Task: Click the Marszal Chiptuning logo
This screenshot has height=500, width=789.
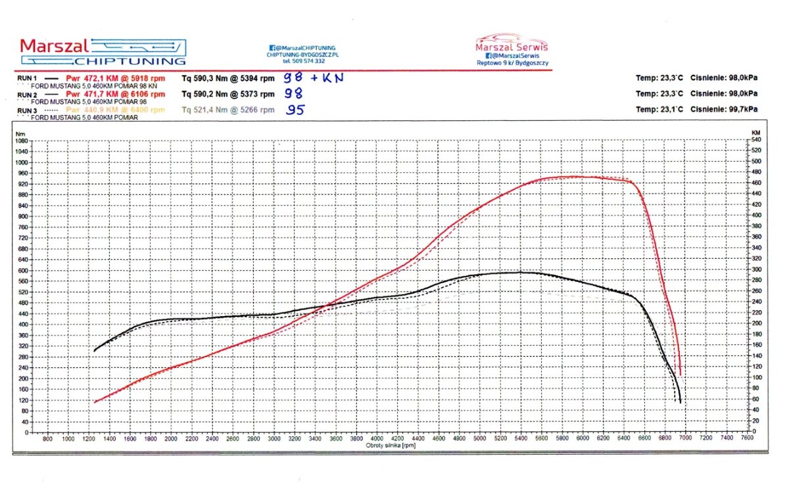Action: point(103,51)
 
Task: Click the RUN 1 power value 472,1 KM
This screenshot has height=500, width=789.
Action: point(92,78)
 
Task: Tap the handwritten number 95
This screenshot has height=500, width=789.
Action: point(295,110)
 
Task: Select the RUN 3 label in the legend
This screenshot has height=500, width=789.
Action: point(27,110)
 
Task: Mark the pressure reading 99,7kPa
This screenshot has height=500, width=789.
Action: point(740,109)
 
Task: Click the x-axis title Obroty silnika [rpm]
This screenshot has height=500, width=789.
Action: point(391,445)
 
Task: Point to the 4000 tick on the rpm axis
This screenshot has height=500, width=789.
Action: point(377,438)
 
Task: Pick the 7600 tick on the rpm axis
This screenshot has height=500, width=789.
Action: point(747,438)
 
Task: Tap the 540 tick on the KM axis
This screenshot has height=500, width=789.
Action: point(756,140)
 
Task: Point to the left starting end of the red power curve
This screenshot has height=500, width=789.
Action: point(95,402)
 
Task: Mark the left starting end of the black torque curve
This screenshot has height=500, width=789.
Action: point(95,351)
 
